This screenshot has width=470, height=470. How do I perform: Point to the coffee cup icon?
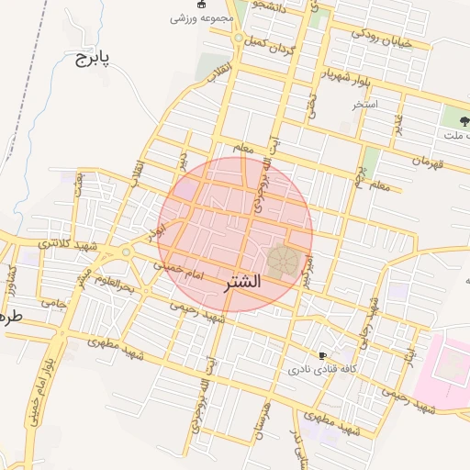[322, 355]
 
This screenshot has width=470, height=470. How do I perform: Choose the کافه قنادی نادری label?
[322, 369]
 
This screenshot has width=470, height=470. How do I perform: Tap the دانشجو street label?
[272, 7]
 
